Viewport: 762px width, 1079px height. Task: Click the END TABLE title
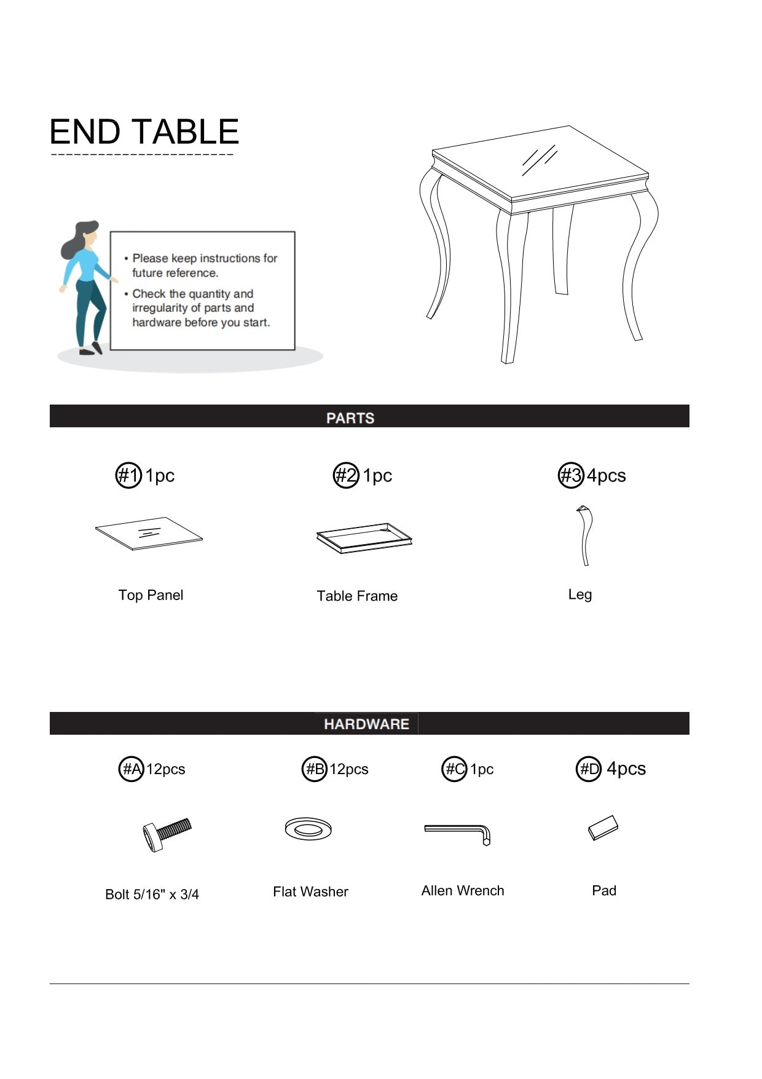(144, 132)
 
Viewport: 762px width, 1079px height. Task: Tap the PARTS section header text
(350, 418)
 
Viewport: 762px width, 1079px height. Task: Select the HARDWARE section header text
(366, 724)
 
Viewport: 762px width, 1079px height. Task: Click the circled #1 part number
(128, 475)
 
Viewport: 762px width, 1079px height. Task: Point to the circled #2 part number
(346, 475)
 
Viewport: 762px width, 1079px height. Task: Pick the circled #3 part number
(571, 475)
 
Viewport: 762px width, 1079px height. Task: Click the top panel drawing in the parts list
(149, 533)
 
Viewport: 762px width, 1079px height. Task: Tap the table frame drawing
(364, 538)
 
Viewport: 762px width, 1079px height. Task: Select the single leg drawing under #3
(584, 535)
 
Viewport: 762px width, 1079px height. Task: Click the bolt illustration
(167, 834)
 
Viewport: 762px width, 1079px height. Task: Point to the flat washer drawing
(308, 829)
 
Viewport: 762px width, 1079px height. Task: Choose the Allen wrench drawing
(458, 832)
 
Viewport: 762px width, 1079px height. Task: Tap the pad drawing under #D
(603, 828)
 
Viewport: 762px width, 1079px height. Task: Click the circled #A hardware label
(131, 769)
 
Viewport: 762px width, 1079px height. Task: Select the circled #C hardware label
(454, 769)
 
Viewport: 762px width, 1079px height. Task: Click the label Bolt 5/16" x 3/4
(152, 894)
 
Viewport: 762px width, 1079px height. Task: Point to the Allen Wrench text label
(463, 890)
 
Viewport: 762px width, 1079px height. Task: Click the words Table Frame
(357, 596)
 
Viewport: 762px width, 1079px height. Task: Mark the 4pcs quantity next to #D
(626, 769)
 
